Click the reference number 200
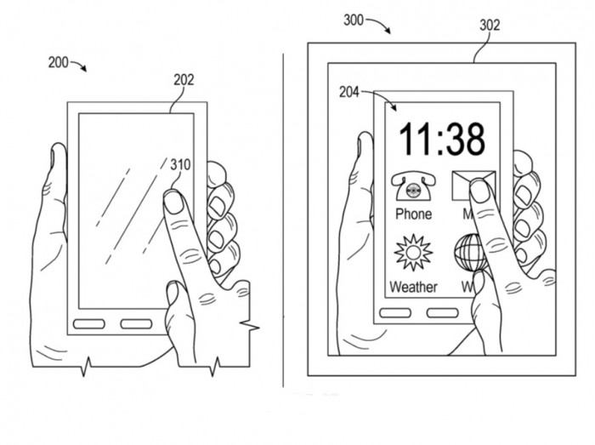click(x=59, y=62)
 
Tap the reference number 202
click(x=184, y=81)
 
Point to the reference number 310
click(x=180, y=164)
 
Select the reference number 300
click(x=354, y=21)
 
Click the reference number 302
click(x=490, y=26)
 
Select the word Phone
click(x=413, y=214)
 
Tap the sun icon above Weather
click(x=413, y=253)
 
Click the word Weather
click(x=413, y=288)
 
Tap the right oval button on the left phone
click(x=136, y=324)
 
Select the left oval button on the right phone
click(x=394, y=313)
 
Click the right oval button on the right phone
click(x=442, y=313)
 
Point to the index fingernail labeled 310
click(x=173, y=201)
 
